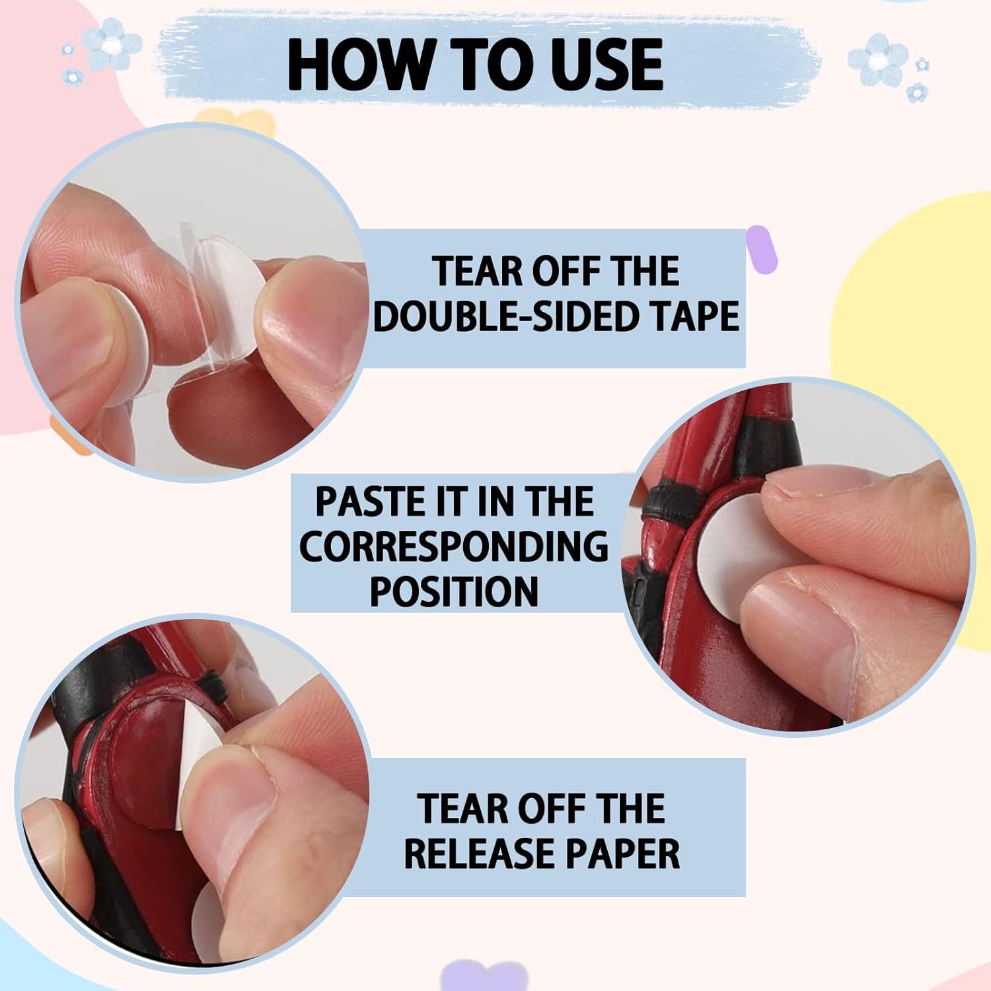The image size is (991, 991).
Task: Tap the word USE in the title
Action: [x=604, y=64]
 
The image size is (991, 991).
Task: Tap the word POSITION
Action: [x=454, y=591]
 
